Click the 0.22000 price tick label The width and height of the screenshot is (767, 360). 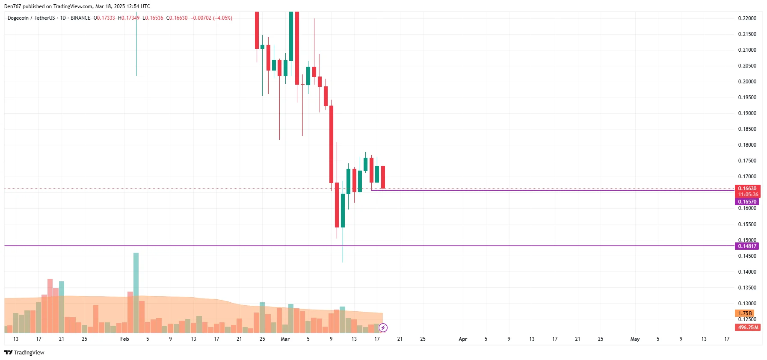(747, 18)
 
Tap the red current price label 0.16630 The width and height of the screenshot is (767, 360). (747, 189)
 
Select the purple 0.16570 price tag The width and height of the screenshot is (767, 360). (747, 202)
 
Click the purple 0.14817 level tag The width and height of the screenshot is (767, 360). (747, 246)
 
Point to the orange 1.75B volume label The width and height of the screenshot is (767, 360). (745, 313)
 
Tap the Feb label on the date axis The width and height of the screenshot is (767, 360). (124, 339)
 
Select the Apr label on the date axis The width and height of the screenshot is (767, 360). (463, 339)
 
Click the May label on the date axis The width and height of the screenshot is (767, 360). (635, 339)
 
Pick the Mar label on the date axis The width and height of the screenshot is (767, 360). (285, 339)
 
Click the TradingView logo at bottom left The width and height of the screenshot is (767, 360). (24, 352)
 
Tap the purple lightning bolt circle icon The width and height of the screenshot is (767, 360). (383, 328)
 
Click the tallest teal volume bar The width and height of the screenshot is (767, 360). (136, 292)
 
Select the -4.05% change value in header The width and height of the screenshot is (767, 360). (222, 18)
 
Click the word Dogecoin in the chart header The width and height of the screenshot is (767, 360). (18, 18)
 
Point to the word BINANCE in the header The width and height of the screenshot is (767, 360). (80, 18)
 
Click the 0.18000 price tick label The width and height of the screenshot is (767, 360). (747, 145)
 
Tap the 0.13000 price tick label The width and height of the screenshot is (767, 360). (747, 304)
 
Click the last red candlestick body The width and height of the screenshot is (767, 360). (383, 177)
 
